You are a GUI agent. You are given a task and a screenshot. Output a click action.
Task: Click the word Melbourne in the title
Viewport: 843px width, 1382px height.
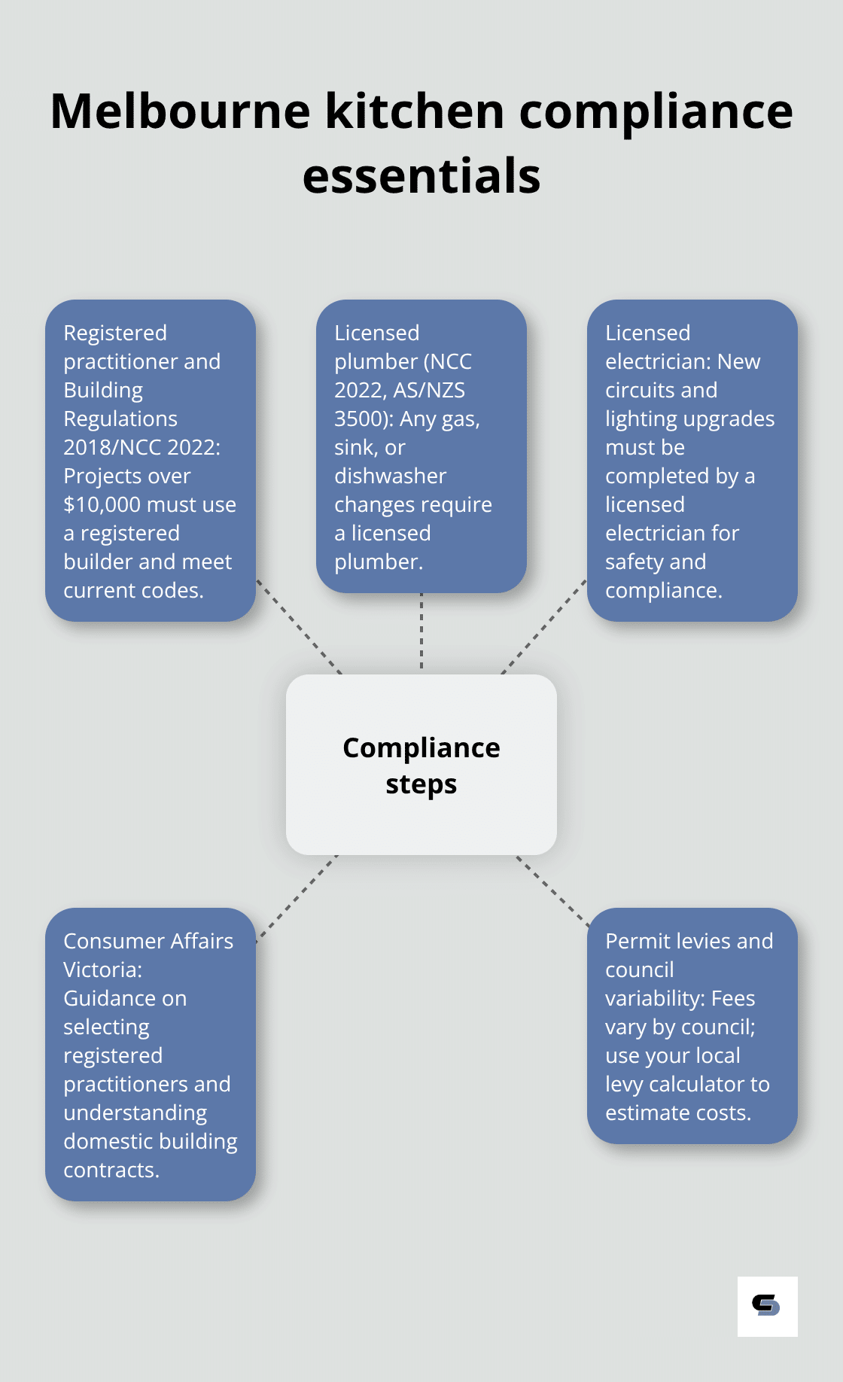180,111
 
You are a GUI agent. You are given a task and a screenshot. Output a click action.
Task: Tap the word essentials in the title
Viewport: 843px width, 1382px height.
421,176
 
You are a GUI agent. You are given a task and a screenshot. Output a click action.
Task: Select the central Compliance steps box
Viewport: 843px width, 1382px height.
421,765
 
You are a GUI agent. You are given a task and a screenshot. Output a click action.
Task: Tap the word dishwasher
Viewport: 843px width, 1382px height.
390,476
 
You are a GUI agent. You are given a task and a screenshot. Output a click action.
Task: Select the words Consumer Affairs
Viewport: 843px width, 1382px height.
148,941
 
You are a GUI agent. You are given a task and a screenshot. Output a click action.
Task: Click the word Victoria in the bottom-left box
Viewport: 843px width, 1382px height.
101,970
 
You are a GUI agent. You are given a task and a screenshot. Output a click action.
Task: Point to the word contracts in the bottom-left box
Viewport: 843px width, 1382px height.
110,1170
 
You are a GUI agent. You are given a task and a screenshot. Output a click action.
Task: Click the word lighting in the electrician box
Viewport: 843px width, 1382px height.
639,419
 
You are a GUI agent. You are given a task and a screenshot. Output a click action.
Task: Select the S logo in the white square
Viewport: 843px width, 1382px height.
766,1305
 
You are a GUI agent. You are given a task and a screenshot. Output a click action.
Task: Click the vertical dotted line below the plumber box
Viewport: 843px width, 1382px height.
421,632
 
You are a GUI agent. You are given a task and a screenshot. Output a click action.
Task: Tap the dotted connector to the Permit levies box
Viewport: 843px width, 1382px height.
553,890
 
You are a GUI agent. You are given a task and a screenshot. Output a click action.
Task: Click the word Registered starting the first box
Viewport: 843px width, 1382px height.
114,333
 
